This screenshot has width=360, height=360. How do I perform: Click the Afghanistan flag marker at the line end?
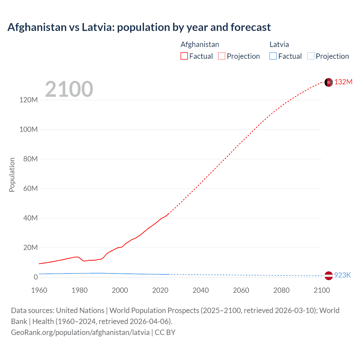click(x=328, y=82)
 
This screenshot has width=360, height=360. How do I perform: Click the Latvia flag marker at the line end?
click(x=328, y=276)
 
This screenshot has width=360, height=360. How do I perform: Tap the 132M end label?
click(x=343, y=82)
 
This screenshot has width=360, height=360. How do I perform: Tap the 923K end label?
click(x=342, y=275)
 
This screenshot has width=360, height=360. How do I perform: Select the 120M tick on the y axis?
click(x=28, y=100)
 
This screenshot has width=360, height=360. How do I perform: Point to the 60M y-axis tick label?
click(x=30, y=188)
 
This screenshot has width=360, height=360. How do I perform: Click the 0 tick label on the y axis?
click(x=35, y=277)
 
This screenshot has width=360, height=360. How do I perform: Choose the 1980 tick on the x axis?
click(x=80, y=290)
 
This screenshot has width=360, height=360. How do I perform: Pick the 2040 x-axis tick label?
click(x=201, y=290)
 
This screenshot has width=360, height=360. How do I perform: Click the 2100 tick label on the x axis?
click(x=321, y=290)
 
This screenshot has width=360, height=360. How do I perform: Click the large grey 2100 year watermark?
click(x=69, y=89)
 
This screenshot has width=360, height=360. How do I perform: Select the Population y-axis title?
click(x=12, y=175)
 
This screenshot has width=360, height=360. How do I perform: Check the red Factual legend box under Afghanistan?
click(x=184, y=56)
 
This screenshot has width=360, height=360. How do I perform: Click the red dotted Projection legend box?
click(x=222, y=56)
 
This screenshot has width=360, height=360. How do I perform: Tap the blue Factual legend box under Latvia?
click(x=273, y=56)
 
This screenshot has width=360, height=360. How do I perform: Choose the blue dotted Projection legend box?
click(x=310, y=56)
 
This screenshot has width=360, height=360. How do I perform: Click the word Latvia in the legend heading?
click(x=279, y=44)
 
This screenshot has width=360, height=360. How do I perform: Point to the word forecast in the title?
click(x=250, y=27)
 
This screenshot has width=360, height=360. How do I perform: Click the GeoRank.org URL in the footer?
click(x=80, y=332)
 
